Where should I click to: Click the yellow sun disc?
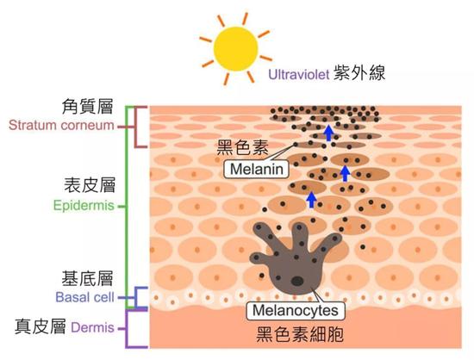click(x=236, y=49)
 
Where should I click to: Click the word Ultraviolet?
click(x=298, y=74)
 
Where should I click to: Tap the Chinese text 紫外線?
click(x=359, y=73)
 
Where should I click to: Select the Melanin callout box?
click(x=256, y=169)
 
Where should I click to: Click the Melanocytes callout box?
click(x=296, y=310)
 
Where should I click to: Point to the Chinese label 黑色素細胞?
click(x=300, y=334)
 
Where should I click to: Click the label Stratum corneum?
click(x=61, y=125)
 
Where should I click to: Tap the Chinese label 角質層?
click(x=87, y=106)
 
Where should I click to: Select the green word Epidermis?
click(x=84, y=206)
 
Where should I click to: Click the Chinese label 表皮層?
click(x=90, y=185)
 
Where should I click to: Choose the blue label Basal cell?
click(x=85, y=297)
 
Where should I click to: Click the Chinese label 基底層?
click(x=87, y=278)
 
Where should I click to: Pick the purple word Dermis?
click(x=92, y=327)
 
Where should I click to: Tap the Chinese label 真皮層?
click(x=41, y=326)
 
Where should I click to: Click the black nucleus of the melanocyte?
click(x=297, y=281)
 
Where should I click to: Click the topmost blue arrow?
click(x=328, y=133)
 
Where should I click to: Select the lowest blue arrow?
click(x=311, y=200)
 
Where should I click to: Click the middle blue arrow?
click(x=345, y=174)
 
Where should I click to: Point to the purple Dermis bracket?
click(x=127, y=329)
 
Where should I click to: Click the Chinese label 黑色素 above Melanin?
click(x=242, y=147)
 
